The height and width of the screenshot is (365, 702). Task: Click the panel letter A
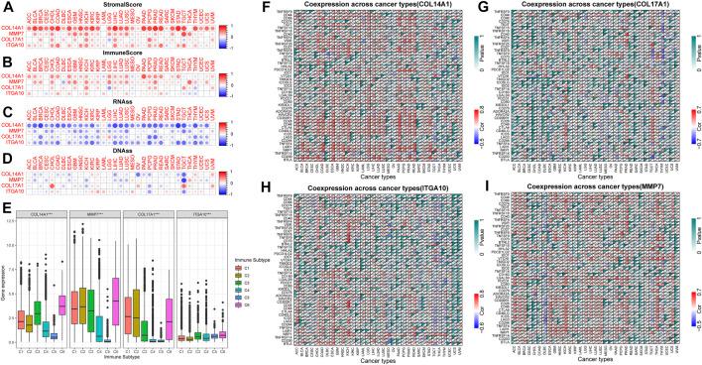click(x=6, y=7)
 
